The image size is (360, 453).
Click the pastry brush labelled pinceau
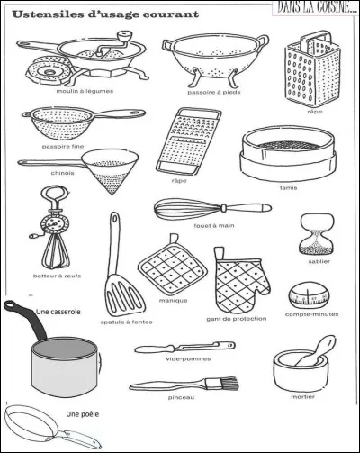tap(184, 381)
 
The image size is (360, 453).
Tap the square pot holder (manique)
tap(166, 266)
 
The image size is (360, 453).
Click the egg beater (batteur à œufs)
tap(55, 225)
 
